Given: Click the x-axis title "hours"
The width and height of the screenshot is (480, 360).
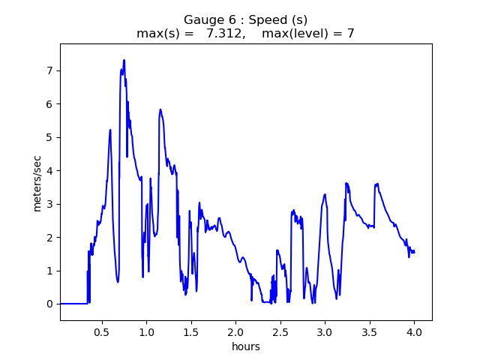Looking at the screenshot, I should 246,346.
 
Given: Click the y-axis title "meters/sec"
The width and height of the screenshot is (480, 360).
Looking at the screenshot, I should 37,182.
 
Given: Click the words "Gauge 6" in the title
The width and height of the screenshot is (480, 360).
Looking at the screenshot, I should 207,20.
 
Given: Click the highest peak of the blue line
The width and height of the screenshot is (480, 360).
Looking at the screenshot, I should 124,60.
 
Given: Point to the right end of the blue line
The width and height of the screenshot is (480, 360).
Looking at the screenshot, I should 415,252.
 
